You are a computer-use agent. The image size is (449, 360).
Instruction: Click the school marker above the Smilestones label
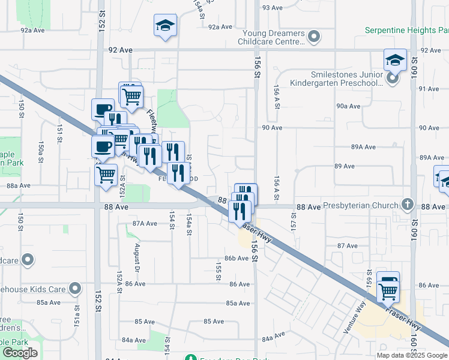(x=396, y=61)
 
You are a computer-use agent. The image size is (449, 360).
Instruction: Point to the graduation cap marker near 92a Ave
(x=165, y=26)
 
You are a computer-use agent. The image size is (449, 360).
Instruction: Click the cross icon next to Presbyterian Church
(x=408, y=205)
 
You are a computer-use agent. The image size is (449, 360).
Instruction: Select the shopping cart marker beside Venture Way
(x=388, y=290)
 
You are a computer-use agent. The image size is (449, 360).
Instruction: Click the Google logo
(x=20, y=353)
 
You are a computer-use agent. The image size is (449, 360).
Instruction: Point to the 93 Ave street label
(x=272, y=8)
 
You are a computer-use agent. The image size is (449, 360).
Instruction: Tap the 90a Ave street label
(x=348, y=106)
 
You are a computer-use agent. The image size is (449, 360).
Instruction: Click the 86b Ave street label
(x=236, y=258)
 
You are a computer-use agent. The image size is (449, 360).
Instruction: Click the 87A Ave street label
(x=145, y=223)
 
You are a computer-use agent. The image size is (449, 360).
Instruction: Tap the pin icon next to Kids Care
(x=75, y=289)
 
